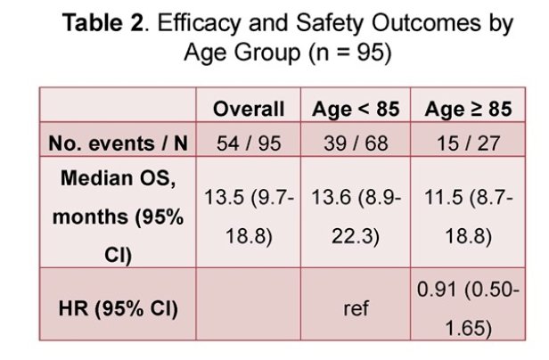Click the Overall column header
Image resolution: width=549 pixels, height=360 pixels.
coord(249,109)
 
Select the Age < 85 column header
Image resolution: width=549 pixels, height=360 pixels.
coord(356,109)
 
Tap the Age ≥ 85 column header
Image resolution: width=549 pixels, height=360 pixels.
coord(468,109)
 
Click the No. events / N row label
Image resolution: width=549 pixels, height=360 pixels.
coord(118,143)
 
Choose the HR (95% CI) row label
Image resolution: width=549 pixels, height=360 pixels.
coord(118,308)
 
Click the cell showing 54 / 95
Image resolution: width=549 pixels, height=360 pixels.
coord(249,143)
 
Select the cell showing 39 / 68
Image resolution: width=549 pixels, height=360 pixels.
coord(356,143)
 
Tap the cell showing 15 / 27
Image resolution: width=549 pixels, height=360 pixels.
coord(468,143)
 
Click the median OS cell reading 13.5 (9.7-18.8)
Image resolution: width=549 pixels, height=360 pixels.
coord(249,217)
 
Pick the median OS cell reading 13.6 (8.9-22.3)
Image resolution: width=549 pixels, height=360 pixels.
coord(356,217)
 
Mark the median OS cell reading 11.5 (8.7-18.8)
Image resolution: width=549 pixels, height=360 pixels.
coord(468,217)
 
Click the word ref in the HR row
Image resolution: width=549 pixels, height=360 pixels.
coord(356,308)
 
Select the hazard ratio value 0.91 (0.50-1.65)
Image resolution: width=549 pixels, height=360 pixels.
coord(468,308)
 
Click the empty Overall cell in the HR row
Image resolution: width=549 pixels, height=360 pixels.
coord(249,304)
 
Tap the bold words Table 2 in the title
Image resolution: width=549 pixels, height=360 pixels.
coord(103,23)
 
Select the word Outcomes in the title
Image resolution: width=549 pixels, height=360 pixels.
coord(426,23)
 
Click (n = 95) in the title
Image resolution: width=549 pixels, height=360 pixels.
coord(350,53)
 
